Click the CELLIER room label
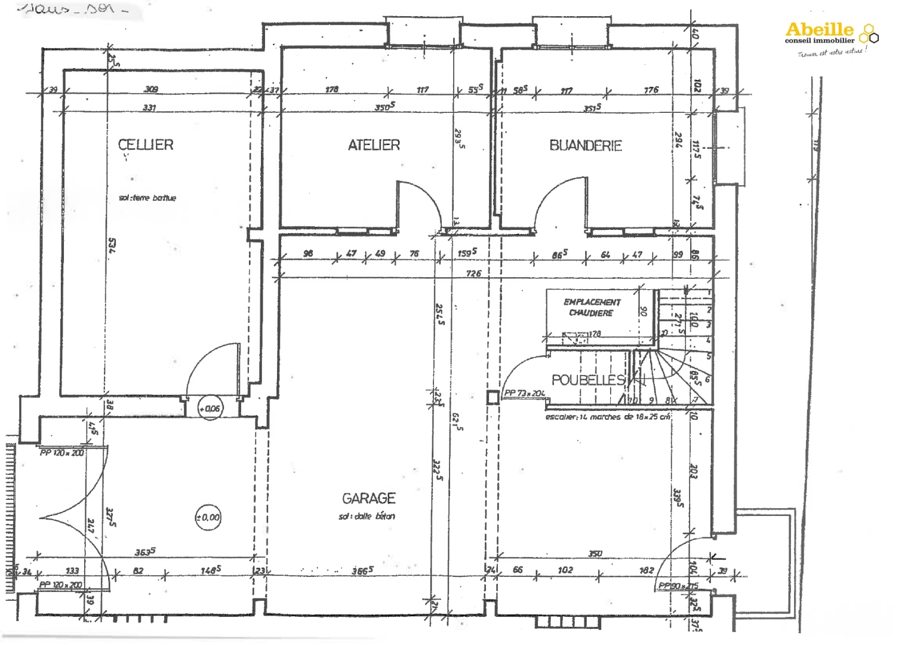pos(146,145)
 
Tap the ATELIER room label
pos(374,145)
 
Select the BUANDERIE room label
pos(586,146)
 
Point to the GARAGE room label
pos(368,498)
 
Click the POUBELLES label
pos(588,380)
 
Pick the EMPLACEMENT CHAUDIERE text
pos(592,308)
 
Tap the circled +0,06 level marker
pos(210,409)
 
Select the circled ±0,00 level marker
pos(208,518)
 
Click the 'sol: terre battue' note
pos(147,198)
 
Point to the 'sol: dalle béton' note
pos(367,517)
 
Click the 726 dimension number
pos(473,274)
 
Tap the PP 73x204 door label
pos(524,394)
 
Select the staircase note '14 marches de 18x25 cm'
pos(608,417)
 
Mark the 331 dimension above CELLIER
pos(149,108)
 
